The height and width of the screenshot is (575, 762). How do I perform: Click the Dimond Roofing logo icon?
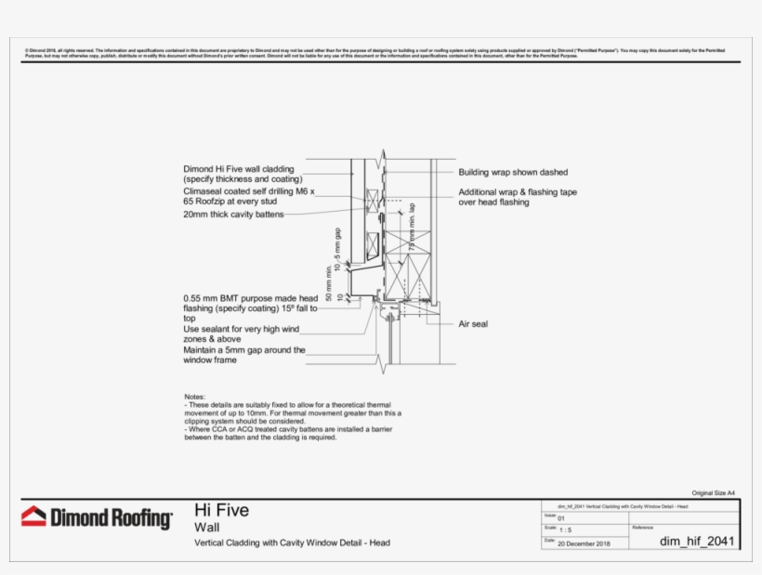tap(33, 516)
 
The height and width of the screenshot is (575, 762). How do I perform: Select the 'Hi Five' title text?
tap(221, 510)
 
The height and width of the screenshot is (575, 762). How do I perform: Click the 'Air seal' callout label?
tap(473, 324)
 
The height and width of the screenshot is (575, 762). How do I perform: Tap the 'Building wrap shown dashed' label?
tap(512, 172)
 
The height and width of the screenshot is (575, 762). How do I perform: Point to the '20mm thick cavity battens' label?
tap(233, 215)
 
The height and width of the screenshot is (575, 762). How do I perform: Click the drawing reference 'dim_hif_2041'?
tap(697, 540)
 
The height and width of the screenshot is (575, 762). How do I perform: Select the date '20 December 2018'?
tap(584, 543)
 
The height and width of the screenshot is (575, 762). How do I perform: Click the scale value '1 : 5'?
tap(565, 529)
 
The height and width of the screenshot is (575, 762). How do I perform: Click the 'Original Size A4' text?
tap(714, 492)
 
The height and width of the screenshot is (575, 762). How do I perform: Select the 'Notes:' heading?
tap(195, 397)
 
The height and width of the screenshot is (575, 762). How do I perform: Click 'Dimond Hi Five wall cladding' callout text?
tap(239, 169)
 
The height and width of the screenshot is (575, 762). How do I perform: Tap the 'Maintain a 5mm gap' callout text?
tap(243, 350)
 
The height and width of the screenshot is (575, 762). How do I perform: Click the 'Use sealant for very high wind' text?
tap(243, 329)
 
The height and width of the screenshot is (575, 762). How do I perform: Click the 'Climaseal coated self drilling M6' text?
tap(248, 190)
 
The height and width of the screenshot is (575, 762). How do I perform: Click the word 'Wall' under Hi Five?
tap(206, 527)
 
